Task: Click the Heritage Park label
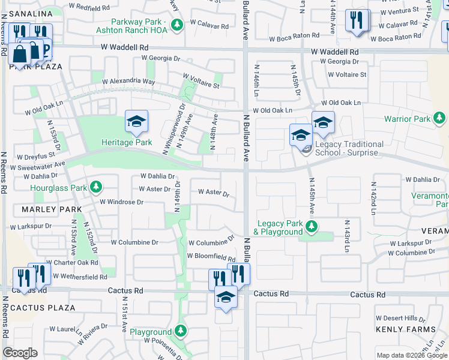(x=126, y=143)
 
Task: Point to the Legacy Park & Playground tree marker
(x=311, y=226)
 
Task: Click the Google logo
(x=20, y=353)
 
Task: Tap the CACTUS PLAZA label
(x=38, y=308)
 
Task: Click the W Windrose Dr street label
(x=121, y=202)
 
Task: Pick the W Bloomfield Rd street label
(x=211, y=256)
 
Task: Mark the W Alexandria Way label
(x=128, y=82)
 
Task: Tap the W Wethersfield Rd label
(x=80, y=277)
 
